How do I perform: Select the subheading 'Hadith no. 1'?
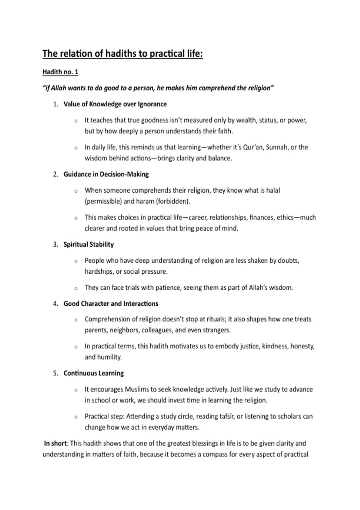click(60, 72)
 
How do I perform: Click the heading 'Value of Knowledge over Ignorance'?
click(115, 104)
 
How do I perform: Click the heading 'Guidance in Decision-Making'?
click(106, 174)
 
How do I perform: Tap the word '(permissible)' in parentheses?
click(103, 201)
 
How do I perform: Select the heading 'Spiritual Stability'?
click(88, 244)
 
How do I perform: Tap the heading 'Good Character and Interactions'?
click(111, 304)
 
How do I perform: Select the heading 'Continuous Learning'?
click(94, 373)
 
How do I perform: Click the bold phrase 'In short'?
click(56, 443)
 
